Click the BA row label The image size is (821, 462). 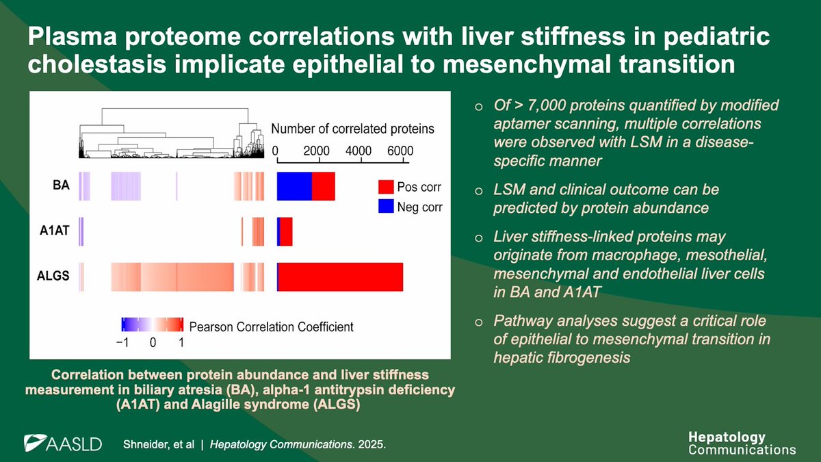pos(60,185)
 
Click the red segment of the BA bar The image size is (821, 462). pos(323,186)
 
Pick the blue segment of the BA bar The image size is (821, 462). pos(294,186)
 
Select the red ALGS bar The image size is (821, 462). pos(341,277)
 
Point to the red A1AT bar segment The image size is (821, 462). pos(287,231)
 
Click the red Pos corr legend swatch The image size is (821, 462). pos(386,187)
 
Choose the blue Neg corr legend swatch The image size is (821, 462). pos(386,207)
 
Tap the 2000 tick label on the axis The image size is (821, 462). pos(317,151)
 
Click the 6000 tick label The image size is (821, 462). pos(400,151)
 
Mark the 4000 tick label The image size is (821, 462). pos(358,151)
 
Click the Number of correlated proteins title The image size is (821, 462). pos(352,129)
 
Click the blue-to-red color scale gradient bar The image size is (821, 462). pos(152,324)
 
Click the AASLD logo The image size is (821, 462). pos(62,443)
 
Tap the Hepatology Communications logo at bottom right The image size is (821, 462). pos(742,444)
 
